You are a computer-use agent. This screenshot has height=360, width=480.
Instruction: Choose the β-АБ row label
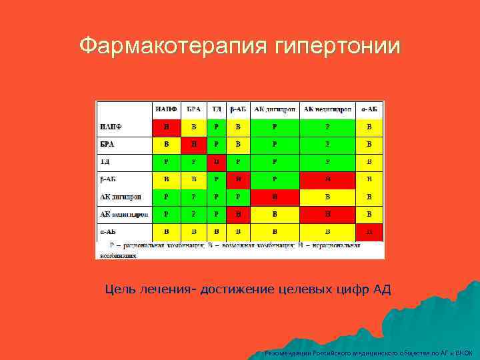[x=108, y=179]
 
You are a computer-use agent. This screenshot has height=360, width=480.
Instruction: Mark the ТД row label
[x=105, y=161]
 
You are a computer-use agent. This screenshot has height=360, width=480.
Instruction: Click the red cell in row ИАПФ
[x=166, y=127]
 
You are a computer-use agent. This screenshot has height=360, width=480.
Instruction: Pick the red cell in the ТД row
[x=216, y=161]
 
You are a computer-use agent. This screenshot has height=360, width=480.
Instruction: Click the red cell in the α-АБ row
[x=369, y=231]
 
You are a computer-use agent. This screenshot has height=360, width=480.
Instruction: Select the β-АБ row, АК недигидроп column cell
[x=327, y=179]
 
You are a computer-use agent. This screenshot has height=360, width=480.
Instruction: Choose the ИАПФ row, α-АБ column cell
[x=369, y=127]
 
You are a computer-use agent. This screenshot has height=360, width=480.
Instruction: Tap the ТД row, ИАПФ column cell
[x=166, y=161]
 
